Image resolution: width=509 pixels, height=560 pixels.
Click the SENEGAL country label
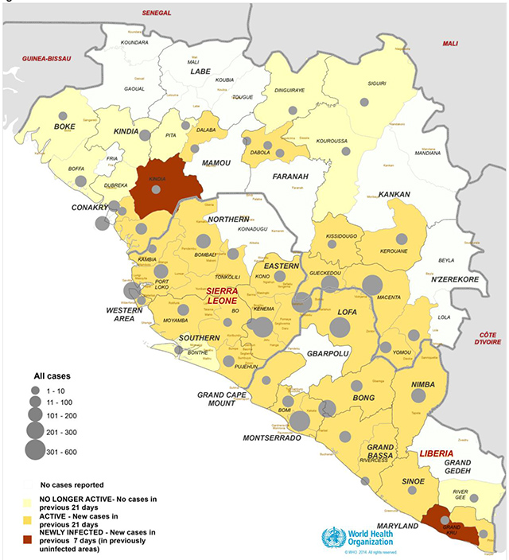(157, 14)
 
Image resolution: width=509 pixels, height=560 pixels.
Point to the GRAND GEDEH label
(463, 469)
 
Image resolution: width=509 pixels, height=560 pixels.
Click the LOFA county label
(348, 313)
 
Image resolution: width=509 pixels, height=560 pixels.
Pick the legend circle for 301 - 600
(34, 450)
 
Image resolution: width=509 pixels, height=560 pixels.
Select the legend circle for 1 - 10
(34, 390)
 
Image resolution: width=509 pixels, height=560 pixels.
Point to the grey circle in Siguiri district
(364, 102)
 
